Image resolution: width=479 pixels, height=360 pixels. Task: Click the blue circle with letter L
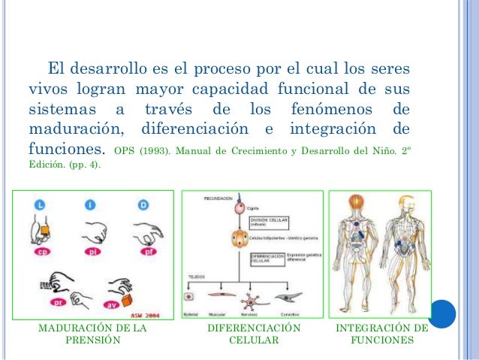pyautogui.click(x=39, y=204)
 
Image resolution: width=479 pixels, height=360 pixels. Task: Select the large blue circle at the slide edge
pyautogui.click(x=446, y=312)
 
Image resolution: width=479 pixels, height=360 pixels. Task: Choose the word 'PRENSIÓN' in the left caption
pyautogui.click(x=93, y=340)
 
